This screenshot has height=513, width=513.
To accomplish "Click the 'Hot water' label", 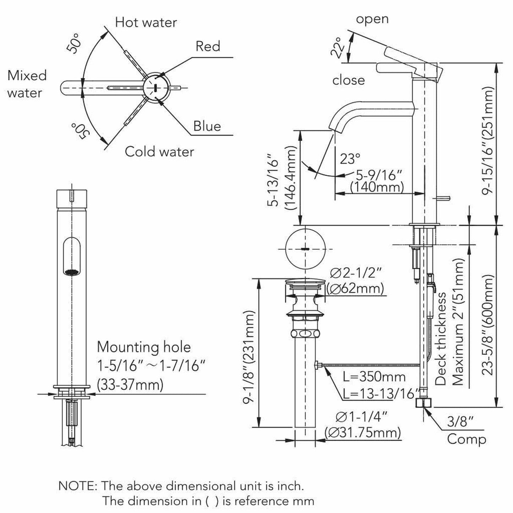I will pos(146,22).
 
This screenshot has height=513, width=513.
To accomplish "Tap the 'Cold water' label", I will pos(159,152).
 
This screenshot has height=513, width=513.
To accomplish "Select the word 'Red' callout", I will pos(208,46).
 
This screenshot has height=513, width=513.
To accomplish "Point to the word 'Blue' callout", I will pos(207,126).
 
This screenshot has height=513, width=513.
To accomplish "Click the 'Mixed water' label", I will pos(27,84).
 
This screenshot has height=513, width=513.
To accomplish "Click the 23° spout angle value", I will pos(350,159).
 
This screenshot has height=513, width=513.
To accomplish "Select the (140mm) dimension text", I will pos(377,187).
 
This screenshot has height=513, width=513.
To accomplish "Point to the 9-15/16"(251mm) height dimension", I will pos(489,141).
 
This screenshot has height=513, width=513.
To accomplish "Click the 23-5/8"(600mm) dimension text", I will pos(489,325).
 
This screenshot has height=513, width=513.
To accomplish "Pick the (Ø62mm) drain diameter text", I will pos(355,288).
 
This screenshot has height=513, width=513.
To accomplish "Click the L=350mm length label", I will pos(374,377).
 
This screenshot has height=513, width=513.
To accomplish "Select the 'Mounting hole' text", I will pos(144,347).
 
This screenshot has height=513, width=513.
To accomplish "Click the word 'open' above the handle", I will pos(372,19).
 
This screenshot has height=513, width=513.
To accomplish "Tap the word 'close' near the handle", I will pos(348,80).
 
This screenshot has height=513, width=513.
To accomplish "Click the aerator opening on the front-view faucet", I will pos(72,272).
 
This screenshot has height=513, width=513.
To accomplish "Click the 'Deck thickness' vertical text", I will pos(441,339).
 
